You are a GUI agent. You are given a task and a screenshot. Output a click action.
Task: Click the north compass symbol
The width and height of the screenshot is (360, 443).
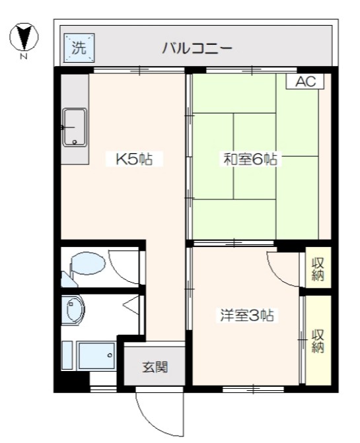(24, 37)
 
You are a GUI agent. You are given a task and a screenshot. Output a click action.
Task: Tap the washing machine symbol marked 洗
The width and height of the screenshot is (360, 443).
(79, 48)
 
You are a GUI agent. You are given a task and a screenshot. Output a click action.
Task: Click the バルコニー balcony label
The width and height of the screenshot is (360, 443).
(197, 48)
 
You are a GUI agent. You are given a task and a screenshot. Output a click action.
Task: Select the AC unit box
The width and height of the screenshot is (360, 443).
(305, 82)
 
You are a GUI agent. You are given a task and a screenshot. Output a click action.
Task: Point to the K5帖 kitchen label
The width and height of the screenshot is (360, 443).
(135, 158)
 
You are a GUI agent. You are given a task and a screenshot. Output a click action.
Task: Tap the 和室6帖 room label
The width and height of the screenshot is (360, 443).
(251, 158)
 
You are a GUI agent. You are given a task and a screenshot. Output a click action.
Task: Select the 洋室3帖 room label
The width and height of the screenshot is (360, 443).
(248, 316)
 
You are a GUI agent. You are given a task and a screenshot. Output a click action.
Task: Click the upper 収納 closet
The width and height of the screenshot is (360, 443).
(318, 267)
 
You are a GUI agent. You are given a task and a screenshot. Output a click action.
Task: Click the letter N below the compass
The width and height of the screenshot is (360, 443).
(24, 57)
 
